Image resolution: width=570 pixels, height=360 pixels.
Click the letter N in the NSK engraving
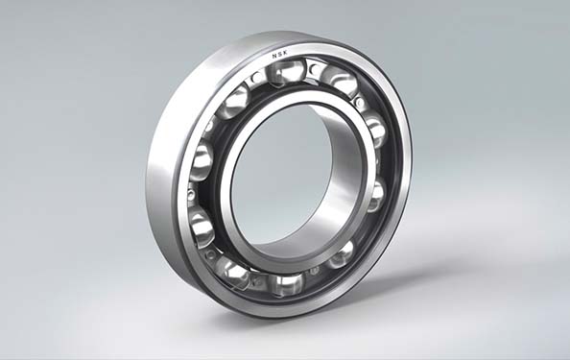(x=274, y=57)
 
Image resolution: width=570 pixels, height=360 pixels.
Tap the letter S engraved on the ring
(x=280, y=55)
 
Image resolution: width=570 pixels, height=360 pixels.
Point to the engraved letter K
(x=285, y=53)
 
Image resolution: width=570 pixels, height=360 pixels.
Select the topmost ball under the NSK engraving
(x=286, y=74)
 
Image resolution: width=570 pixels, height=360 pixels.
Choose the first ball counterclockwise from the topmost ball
(x=234, y=101)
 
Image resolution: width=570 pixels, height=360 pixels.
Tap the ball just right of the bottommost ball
(x=341, y=253)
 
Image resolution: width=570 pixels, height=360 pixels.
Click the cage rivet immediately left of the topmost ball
(x=256, y=77)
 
